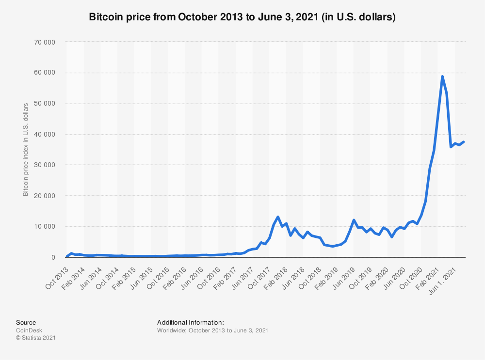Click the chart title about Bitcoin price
tap(242, 17)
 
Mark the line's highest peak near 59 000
tap(442, 77)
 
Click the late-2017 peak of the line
tap(278, 217)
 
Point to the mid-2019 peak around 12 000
tap(354, 220)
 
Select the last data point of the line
tap(464, 141)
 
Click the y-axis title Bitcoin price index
tap(25, 149)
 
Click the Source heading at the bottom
tap(26, 322)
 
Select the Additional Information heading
tap(191, 322)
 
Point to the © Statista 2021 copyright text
tap(35, 338)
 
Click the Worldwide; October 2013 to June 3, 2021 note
tap(212, 330)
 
